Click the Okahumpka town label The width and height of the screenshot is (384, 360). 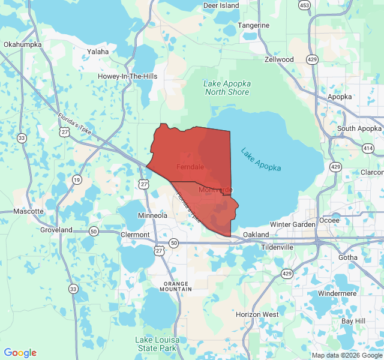tap(22, 44)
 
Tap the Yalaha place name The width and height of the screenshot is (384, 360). tap(98, 52)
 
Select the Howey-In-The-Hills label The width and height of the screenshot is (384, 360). tap(127, 76)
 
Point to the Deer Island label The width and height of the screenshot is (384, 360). tap(221, 5)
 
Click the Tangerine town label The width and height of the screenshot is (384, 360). tap(253, 25)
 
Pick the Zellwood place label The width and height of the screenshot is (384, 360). tap(279, 59)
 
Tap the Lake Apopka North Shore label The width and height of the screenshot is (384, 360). tap(227, 88)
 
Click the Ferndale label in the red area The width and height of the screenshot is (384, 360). tap(190, 166)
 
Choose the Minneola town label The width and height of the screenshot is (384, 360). tap(152, 215)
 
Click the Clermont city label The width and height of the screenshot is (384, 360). tap(135, 234)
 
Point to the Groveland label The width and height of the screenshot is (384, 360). tap(56, 230)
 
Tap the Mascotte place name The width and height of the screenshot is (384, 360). tap(29, 211)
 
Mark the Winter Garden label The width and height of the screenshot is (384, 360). tap(292, 224)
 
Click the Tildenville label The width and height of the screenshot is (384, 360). tap(277, 247)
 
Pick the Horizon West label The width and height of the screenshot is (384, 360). tap(257, 314)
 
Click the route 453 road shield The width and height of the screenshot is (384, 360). tap(304, 5)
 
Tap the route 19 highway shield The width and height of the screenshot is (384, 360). tap(77, 179)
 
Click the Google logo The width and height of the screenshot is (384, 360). tap(20, 353)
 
